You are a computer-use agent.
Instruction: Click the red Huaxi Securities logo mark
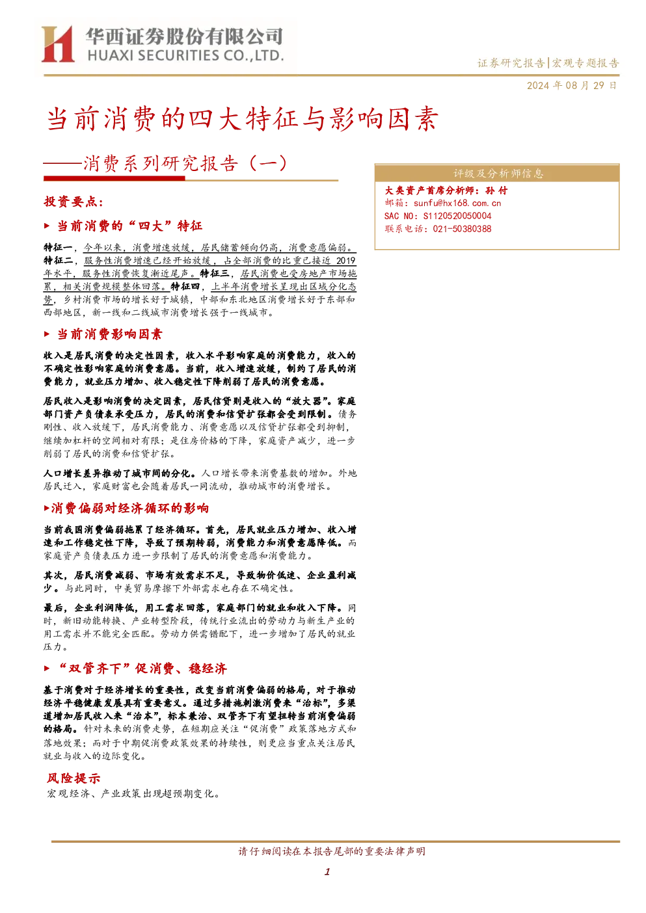click(58, 44)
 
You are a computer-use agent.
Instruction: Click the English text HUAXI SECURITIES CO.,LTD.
click(185, 55)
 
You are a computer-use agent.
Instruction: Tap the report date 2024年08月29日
click(571, 86)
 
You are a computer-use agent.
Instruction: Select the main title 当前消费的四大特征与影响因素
click(243, 119)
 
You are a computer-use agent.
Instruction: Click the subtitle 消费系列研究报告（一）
click(185, 164)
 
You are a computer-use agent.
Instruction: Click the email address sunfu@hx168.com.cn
click(457, 203)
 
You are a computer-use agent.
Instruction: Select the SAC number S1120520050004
click(457, 216)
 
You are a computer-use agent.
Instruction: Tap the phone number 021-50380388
click(462, 229)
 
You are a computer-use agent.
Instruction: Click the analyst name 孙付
click(496, 191)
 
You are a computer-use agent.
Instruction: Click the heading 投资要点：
click(74, 202)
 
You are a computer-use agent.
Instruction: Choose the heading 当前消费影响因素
click(109, 334)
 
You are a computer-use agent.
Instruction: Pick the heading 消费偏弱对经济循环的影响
click(129, 509)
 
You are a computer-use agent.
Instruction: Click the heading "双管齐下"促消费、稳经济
click(142, 668)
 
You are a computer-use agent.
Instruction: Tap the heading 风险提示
click(74, 778)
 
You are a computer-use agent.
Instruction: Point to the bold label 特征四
click(185, 287)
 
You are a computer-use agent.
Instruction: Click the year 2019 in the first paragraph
click(346, 261)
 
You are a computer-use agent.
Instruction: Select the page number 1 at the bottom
click(327, 872)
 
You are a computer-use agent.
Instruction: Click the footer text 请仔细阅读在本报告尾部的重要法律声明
click(332, 851)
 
